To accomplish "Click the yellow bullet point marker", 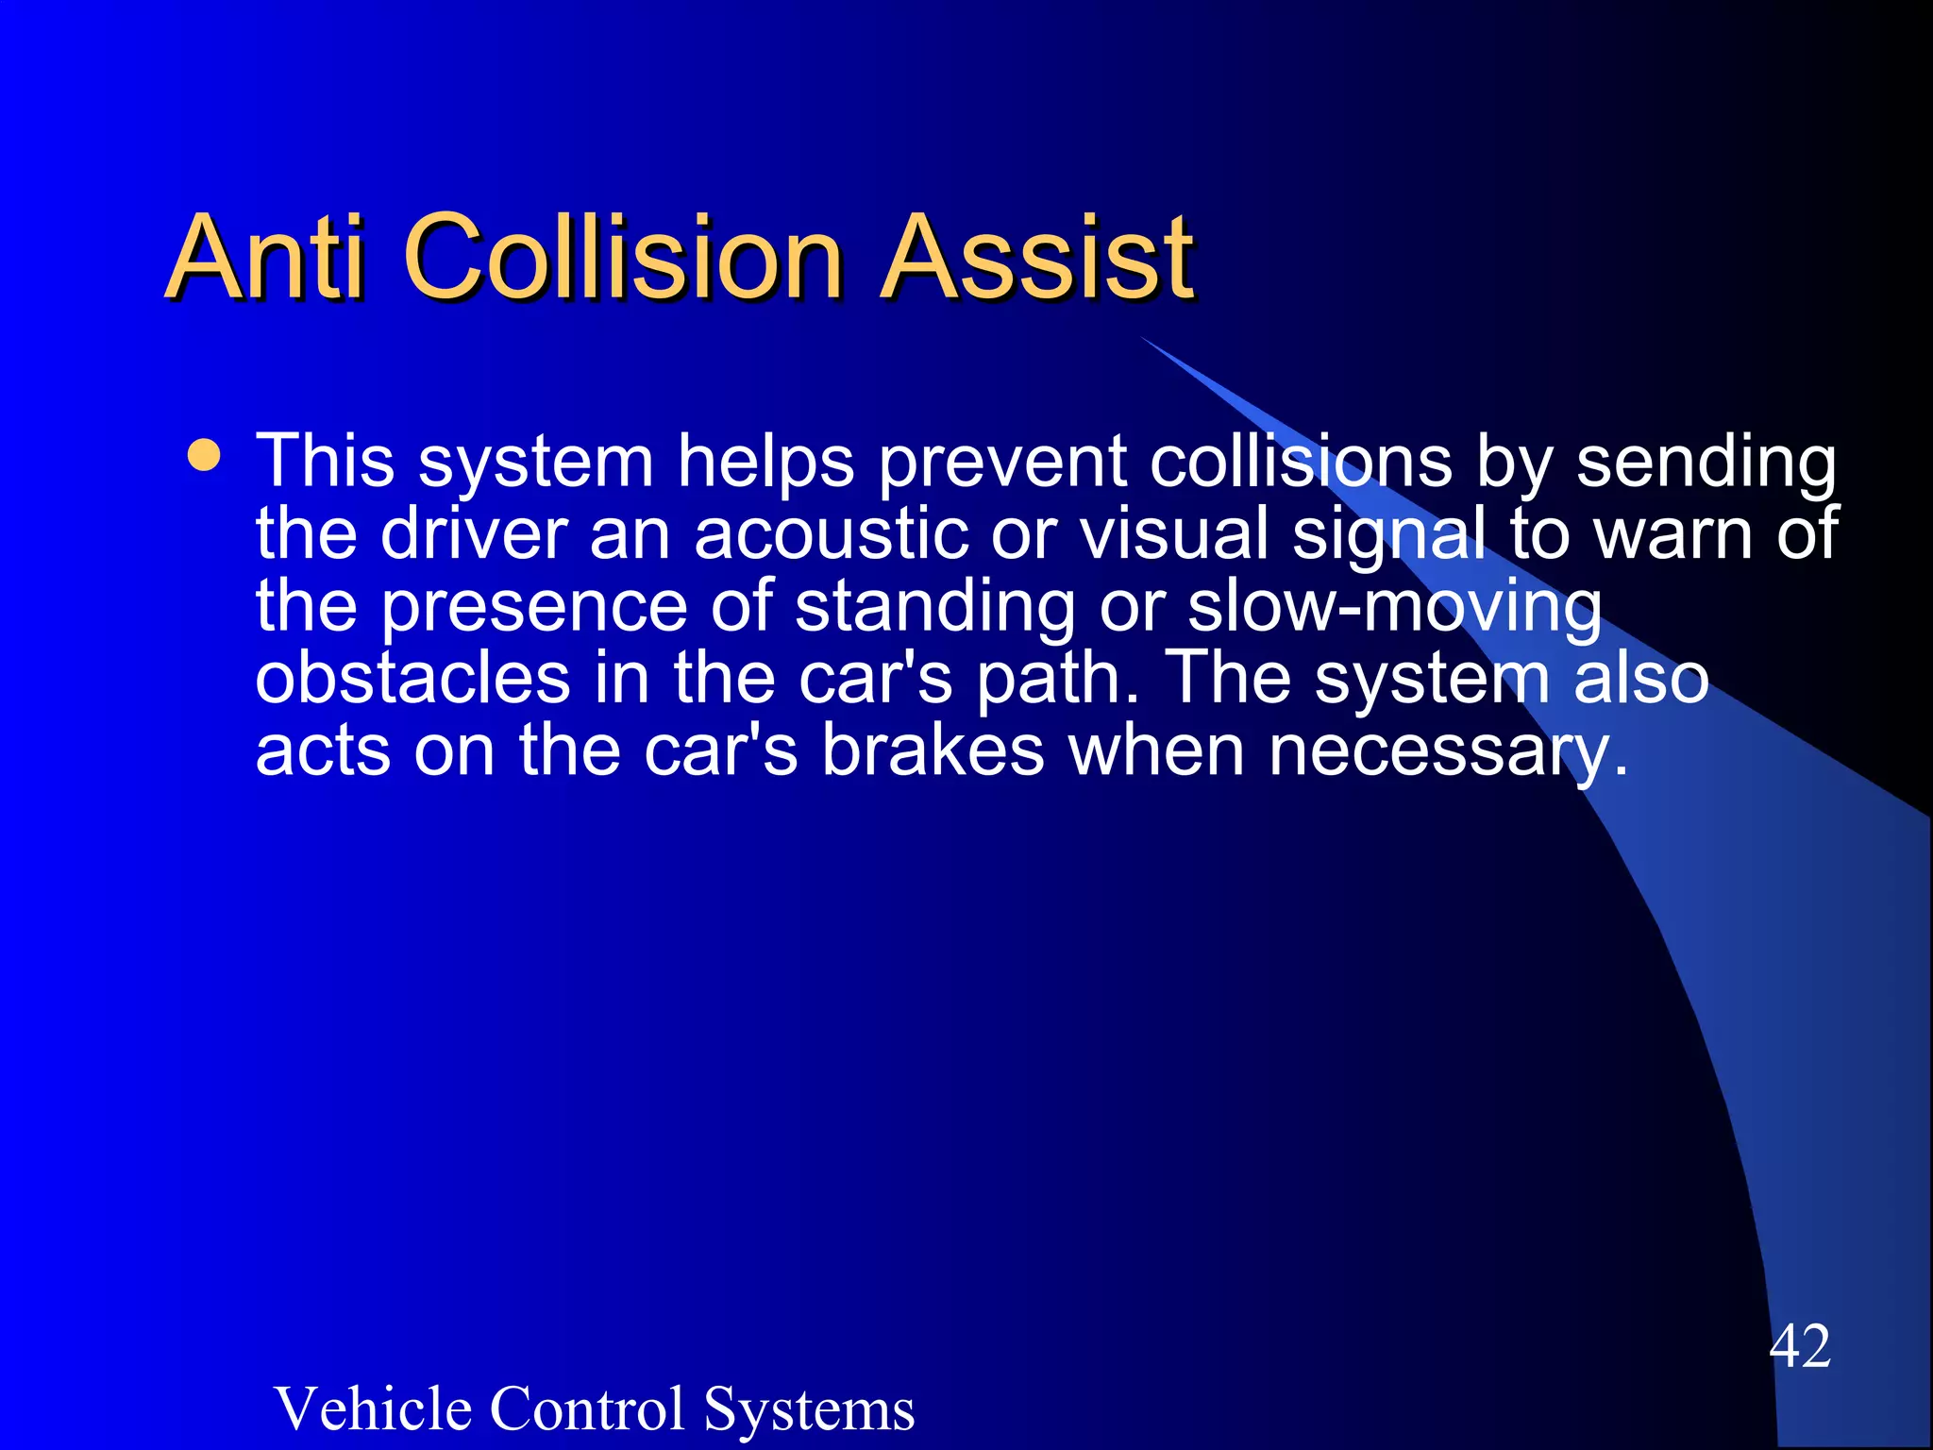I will point(204,455).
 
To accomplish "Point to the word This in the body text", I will point(326,462).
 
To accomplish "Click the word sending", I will point(1706,464).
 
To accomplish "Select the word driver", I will point(474,534).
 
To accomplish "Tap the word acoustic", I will point(831,534).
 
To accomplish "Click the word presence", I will point(534,607).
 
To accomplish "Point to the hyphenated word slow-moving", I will point(1395,607).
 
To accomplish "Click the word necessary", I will point(1448,752).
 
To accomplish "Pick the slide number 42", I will point(1800,1346).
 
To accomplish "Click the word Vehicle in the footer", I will point(374,1408).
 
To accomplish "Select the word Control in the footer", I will point(587,1408).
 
